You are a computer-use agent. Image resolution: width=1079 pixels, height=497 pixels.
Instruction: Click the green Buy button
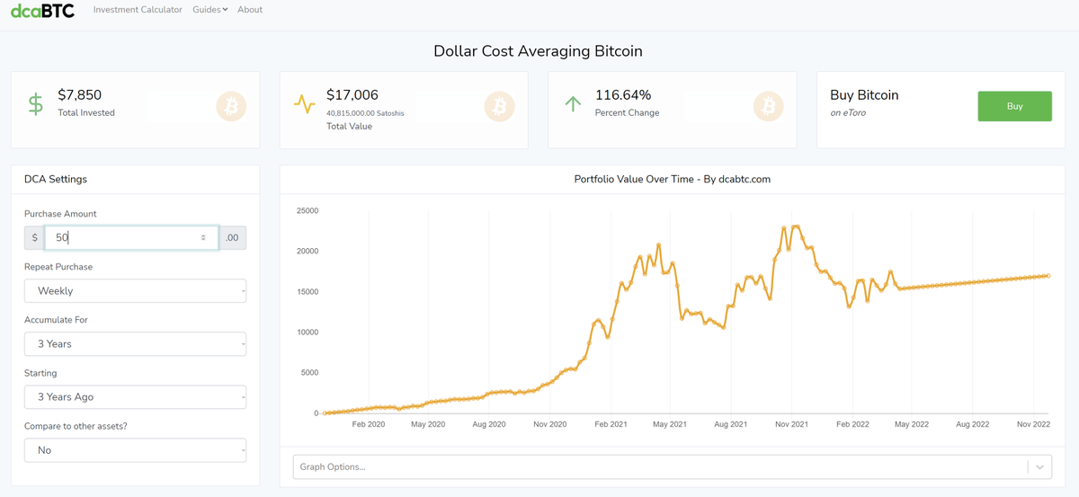tap(1014, 106)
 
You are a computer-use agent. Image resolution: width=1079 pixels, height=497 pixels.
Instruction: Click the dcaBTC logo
tap(42, 10)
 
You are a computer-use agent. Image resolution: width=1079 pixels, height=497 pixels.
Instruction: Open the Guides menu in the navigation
tap(210, 10)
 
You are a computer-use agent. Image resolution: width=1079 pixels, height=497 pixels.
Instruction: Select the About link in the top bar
tap(250, 10)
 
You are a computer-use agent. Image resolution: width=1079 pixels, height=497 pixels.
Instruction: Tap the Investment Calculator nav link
tap(138, 10)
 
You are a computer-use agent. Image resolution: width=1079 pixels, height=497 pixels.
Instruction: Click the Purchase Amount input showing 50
tap(131, 237)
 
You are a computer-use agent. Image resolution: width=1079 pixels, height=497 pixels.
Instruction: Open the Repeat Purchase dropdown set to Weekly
tap(136, 291)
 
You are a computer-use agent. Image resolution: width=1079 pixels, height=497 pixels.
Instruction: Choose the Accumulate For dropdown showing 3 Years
tap(136, 344)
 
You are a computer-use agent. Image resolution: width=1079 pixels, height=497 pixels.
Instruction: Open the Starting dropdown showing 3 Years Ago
tap(136, 397)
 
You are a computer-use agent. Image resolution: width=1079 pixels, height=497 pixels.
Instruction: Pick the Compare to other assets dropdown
tap(136, 449)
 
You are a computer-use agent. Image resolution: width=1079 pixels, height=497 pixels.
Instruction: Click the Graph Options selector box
tap(673, 466)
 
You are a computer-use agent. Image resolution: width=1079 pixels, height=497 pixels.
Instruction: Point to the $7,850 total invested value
tap(79, 95)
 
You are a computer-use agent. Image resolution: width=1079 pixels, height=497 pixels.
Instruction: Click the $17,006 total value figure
tap(352, 95)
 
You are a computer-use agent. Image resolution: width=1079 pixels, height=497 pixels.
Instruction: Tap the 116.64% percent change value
tap(623, 95)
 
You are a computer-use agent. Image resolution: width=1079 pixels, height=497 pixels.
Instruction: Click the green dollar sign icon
tap(36, 104)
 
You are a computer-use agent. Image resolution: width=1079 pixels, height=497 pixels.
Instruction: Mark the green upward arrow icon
tap(573, 104)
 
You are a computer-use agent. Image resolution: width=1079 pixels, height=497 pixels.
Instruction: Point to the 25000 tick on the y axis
tap(308, 210)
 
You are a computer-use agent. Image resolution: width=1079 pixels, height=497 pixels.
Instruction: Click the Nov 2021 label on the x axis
tap(791, 424)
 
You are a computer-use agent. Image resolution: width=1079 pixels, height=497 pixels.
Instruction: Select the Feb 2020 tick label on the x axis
tap(369, 424)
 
